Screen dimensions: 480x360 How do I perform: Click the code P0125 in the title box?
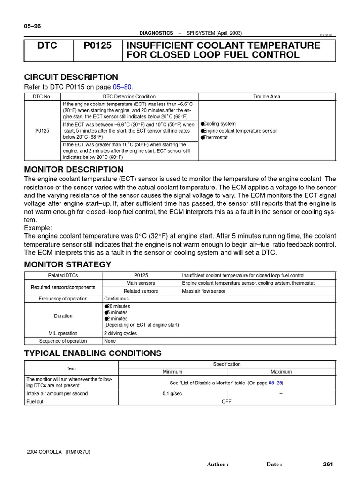[97, 45]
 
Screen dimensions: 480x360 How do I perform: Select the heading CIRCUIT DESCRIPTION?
[71, 77]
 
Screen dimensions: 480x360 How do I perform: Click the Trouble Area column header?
[267, 96]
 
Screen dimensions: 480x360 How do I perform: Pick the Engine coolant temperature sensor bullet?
[240, 131]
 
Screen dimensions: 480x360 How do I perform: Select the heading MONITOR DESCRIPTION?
[74, 169]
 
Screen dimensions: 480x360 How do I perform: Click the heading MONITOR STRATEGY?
[67, 264]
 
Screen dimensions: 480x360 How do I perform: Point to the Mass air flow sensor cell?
[203, 291]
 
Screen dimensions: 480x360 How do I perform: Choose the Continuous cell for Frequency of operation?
[116, 299]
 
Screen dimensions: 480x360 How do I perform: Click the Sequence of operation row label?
[63, 341]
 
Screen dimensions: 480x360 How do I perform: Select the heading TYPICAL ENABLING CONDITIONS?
[92, 353]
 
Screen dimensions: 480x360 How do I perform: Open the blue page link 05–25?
[276, 382]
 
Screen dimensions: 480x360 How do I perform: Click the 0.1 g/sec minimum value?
[172, 394]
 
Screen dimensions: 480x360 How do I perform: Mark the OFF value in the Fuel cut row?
[226, 402]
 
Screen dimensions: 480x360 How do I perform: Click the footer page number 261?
[328, 464]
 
